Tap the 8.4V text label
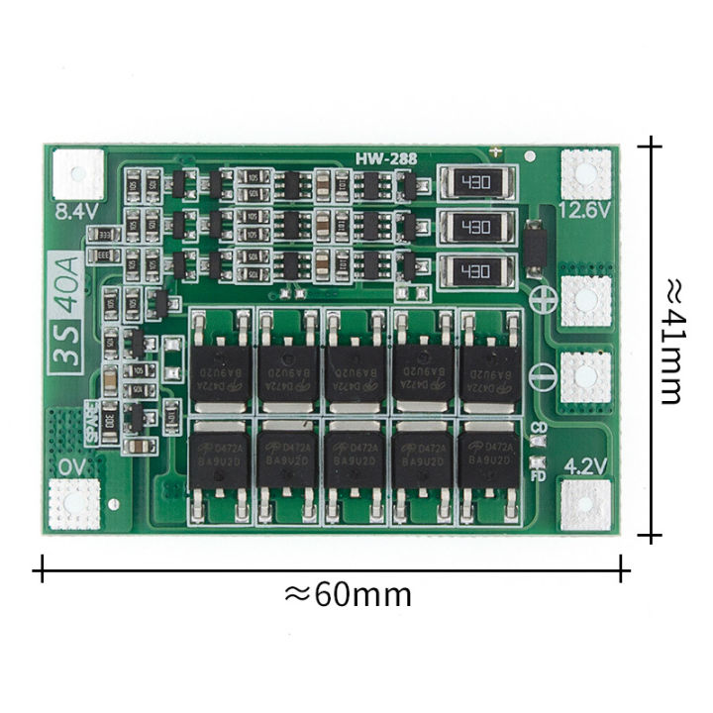75,209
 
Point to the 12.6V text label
583,209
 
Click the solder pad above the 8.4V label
78,171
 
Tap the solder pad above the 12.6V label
584,171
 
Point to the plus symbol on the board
541,297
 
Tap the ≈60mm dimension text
348,594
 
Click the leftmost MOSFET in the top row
222,364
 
